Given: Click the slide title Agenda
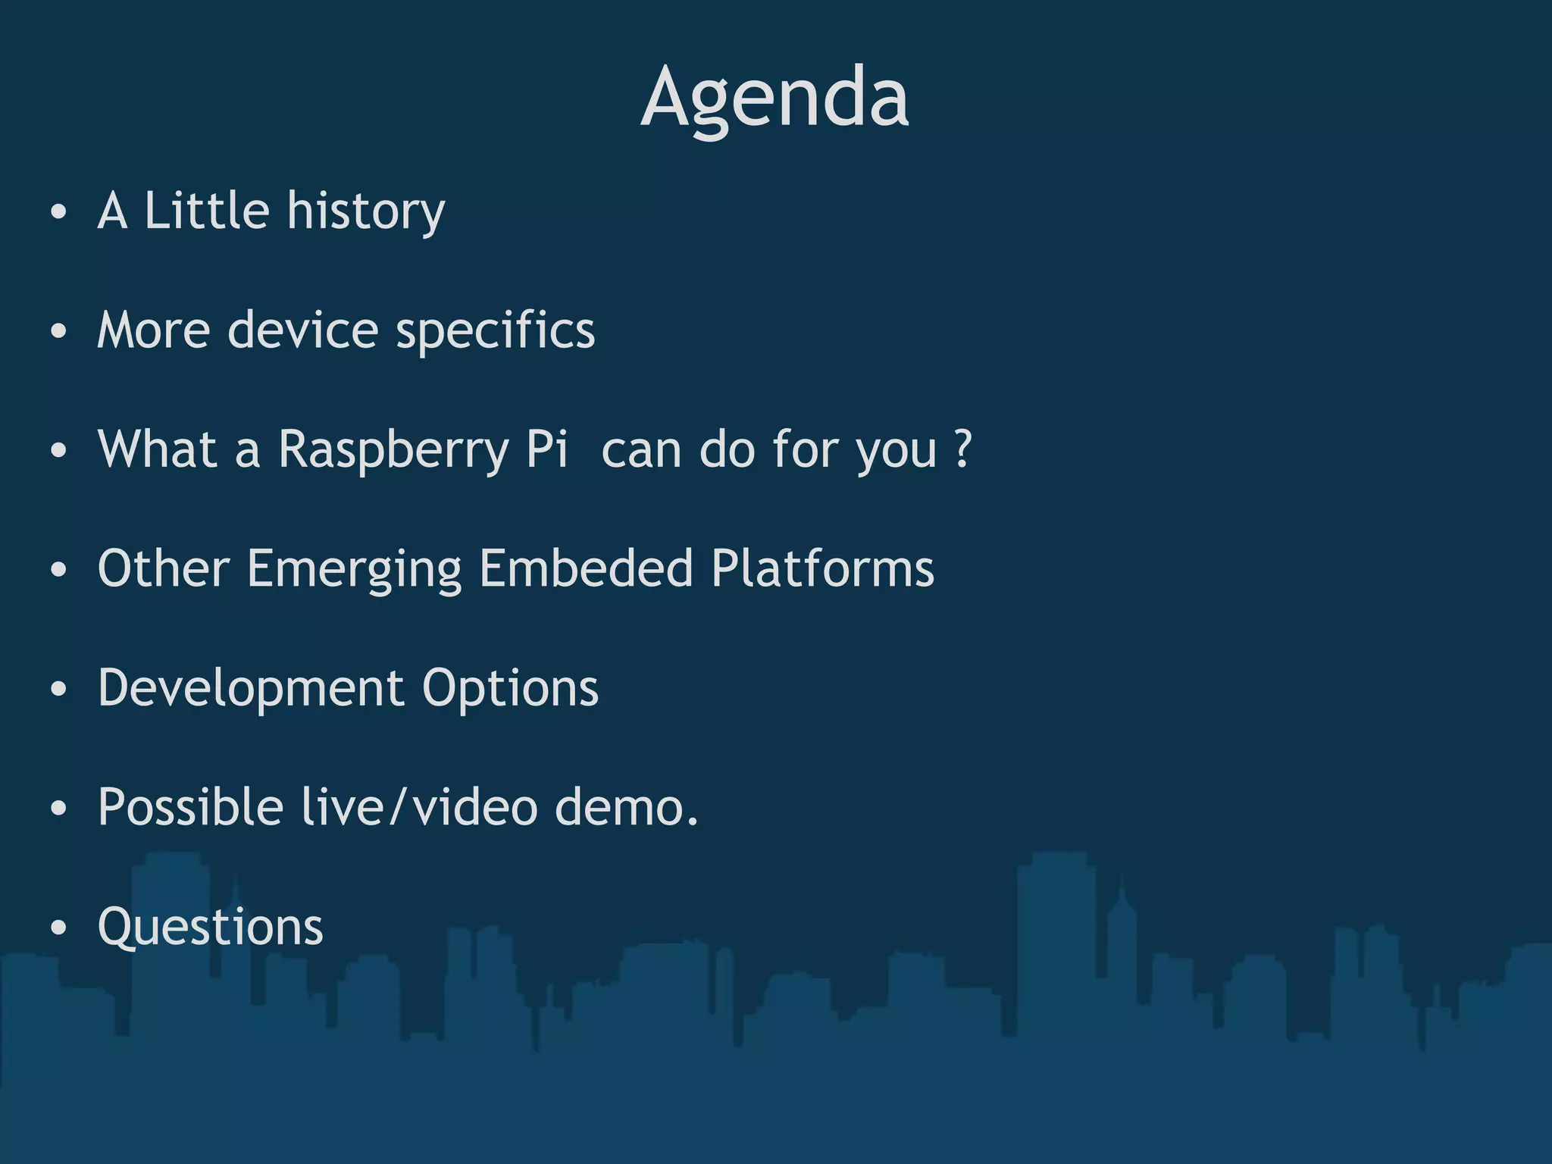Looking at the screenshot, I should click(x=774, y=99).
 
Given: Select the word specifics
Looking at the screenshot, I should click(x=496, y=331).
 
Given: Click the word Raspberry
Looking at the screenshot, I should click(x=393, y=450).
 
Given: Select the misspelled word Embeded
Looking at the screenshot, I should click(x=586, y=568).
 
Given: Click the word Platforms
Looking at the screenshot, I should click(x=822, y=568).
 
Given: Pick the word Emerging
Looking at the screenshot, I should click(x=354, y=570).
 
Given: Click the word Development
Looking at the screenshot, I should click(x=251, y=689).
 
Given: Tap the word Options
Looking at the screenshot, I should click(x=510, y=689).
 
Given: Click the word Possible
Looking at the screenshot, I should click(x=190, y=807).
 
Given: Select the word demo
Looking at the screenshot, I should click(x=625, y=807).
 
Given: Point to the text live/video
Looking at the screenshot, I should click(x=419, y=807).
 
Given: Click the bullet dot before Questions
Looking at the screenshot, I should click(x=58, y=928).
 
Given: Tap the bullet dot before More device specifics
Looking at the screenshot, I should click(x=58, y=332).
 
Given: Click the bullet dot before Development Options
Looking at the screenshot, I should click(x=58, y=690).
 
